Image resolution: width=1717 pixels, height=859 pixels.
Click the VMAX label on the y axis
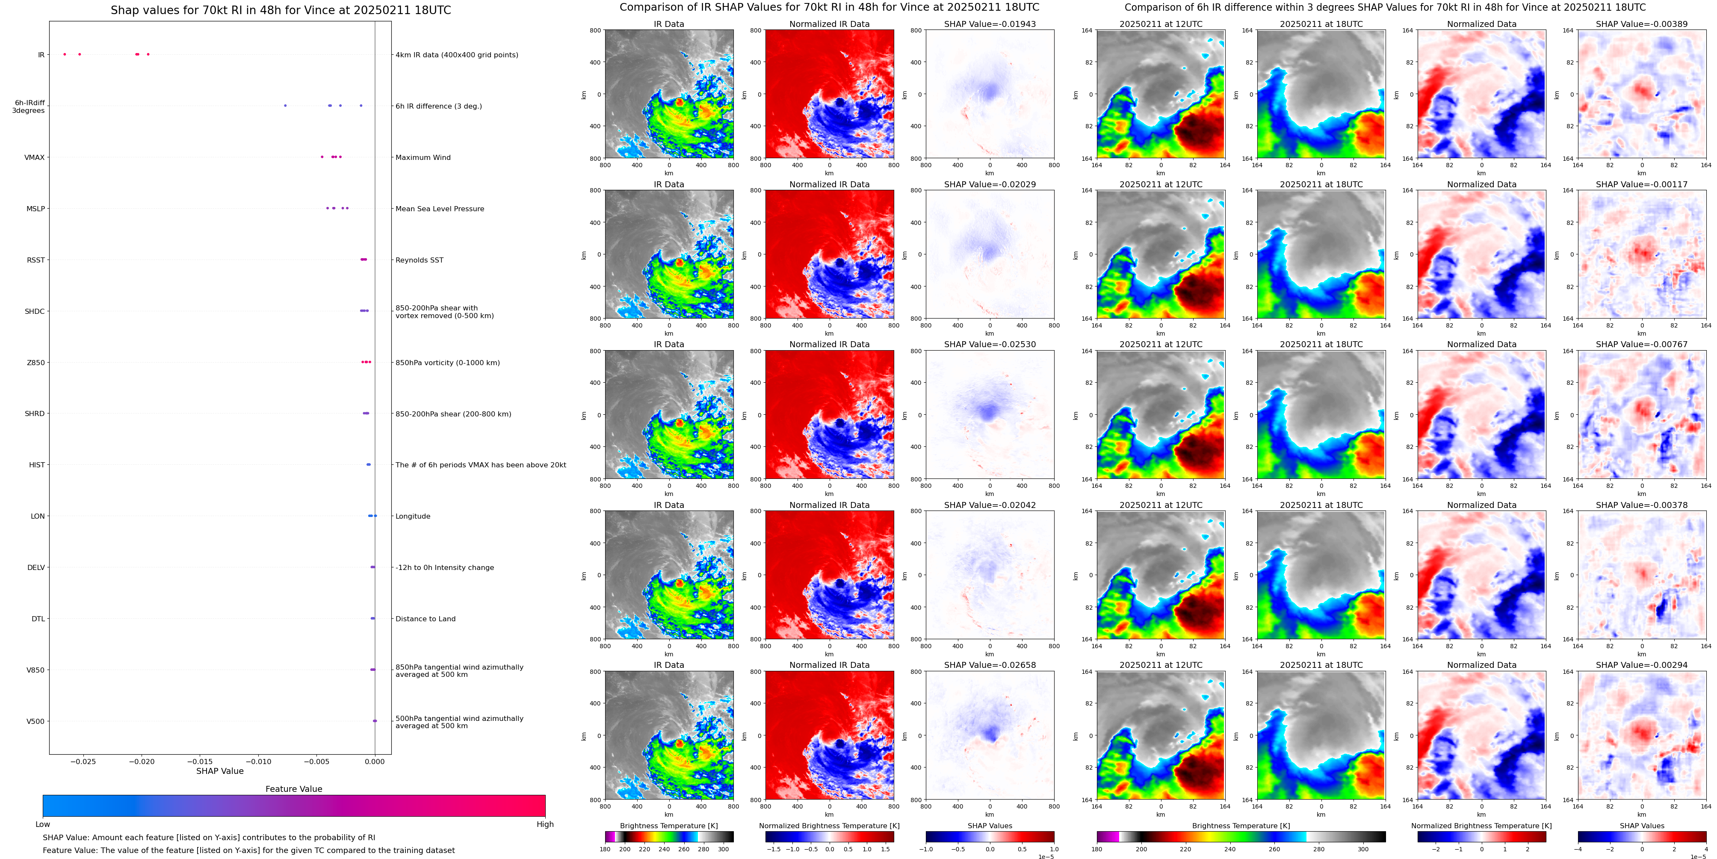(35, 157)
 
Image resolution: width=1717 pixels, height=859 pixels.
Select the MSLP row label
(35, 209)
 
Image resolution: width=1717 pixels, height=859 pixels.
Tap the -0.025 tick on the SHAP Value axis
(83, 762)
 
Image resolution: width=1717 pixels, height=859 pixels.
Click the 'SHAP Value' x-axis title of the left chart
(219, 771)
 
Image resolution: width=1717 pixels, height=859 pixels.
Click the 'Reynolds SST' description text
(419, 260)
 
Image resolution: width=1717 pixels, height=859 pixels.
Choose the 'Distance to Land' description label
(425, 618)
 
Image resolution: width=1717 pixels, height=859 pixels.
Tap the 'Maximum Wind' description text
(423, 157)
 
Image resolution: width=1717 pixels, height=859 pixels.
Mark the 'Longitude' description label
(413, 516)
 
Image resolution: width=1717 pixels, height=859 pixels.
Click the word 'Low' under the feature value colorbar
(43, 824)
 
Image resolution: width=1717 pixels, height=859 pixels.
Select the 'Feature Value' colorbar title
(293, 789)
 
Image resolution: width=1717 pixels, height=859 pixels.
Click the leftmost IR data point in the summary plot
(65, 54)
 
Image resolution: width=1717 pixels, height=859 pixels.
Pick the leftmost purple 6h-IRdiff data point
(285, 105)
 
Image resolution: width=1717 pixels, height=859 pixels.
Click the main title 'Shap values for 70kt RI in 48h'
(281, 10)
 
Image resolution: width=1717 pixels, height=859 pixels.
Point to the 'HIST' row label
(37, 464)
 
